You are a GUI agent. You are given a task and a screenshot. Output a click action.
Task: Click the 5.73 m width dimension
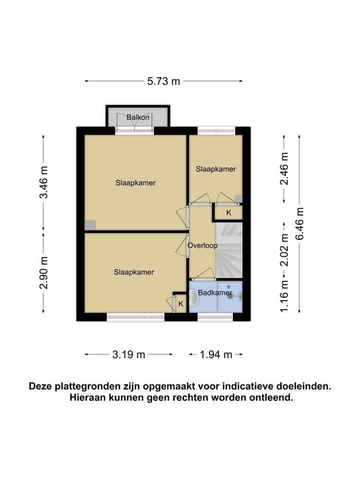pos(163,81)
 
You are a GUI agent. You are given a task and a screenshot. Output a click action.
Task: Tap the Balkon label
pos(137,118)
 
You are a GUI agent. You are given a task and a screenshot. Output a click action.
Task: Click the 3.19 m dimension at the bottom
pos(128,355)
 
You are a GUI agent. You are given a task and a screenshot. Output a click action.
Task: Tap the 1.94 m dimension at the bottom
pos(216,355)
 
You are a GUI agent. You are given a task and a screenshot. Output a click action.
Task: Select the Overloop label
pos(202,246)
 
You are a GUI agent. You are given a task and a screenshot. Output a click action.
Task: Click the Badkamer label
pos(215,292)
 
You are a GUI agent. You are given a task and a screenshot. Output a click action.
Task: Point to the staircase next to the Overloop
pos(229,250)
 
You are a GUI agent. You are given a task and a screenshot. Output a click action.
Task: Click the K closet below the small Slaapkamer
pos(228,213)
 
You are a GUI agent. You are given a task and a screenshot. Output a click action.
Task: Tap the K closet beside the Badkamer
pos(180,304)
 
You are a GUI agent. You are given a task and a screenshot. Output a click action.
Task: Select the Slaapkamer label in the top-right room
pos(215,169)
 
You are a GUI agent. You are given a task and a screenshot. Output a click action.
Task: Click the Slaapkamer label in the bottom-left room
pos(133,272)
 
